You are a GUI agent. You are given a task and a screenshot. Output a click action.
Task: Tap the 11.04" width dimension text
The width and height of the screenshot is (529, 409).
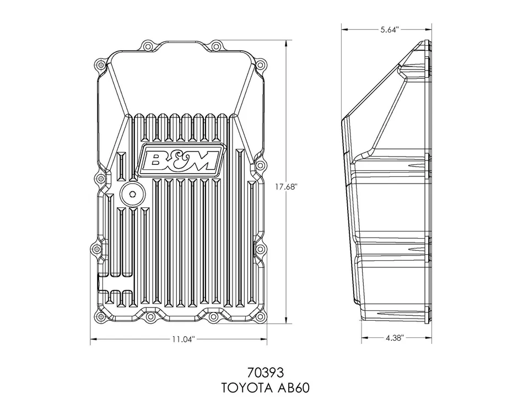pos(182,340)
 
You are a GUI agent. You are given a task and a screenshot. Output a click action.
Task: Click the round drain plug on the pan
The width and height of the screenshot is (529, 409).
pos(131,195)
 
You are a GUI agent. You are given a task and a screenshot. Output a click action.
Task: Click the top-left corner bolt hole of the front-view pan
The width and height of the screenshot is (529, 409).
pos(100,65)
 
